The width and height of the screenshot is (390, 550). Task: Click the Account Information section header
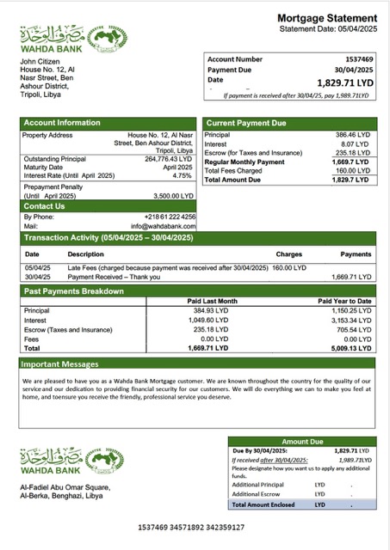[62, 123]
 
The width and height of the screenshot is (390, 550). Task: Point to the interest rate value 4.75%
[182, 175]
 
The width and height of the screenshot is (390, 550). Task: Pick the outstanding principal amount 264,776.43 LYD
[169, 159]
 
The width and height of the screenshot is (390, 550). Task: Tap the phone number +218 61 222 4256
[170, 217]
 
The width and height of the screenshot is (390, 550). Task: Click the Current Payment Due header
[246, 123]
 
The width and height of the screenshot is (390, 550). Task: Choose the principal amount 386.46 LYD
[353, 135]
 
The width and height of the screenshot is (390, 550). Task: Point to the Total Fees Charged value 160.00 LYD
[353, 171]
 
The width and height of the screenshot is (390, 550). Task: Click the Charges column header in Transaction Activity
[289, 254]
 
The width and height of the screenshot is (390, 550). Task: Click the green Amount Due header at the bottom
[301, 441]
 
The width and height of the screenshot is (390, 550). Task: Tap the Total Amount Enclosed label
[263, 504]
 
